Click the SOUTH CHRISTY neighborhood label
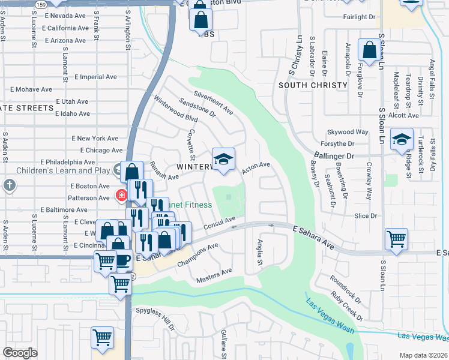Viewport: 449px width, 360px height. click(x=313, y=85)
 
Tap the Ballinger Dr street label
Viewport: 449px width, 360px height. click(x=334, y=155)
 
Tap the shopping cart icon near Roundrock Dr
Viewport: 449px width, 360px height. click(x=397, y=239)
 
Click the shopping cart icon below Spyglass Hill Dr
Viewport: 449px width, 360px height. click(x=102, y=337)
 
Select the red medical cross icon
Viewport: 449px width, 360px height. click(x=121, y=195)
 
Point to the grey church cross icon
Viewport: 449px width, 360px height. click(x=9, y=185)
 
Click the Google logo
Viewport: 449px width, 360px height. click(x=20, y=352)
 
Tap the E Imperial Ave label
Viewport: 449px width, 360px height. click(x=96, y=77)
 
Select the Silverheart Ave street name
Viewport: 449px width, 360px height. click(x=213, y=102)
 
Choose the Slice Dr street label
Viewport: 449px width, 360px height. click(x=366, y=215)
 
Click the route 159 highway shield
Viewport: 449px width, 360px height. click(x=40, y=4)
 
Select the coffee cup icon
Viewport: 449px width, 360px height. click(x=124, y=260)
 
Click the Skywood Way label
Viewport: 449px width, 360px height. click(x=348, y=132)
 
